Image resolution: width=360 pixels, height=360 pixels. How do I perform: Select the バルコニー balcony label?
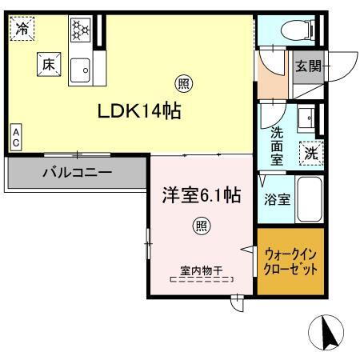[78, 172]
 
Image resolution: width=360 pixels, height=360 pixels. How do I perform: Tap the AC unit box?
[15, 137]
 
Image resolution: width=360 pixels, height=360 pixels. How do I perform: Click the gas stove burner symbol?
[80, 31]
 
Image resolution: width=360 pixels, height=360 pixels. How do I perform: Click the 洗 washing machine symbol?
[309, 150]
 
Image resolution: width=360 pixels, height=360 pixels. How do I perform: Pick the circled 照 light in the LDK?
[182, 82]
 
